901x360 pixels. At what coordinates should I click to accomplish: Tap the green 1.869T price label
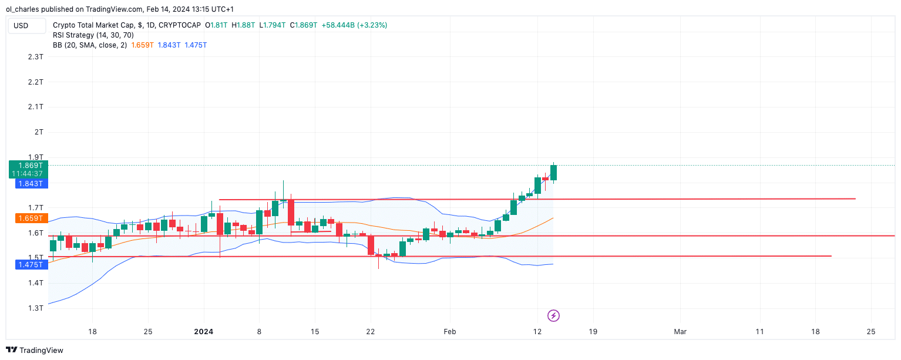29,166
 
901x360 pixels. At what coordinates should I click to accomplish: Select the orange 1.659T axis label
29,218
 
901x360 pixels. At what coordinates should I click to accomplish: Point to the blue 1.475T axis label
29,265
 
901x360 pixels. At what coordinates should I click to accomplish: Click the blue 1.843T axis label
29,184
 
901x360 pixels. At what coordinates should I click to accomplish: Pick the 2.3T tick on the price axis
35,57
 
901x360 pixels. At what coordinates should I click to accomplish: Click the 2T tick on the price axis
39,132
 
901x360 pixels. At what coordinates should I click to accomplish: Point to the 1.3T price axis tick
35,308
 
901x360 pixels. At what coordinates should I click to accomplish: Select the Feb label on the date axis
449,332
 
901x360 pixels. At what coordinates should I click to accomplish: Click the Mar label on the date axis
680,332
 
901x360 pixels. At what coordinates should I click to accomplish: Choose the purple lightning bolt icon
553,316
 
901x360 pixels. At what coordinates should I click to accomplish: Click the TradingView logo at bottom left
35,350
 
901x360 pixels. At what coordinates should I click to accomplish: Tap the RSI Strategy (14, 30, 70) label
93,35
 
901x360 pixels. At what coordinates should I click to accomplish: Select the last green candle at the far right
553,173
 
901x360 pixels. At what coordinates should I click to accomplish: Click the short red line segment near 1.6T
311,232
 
